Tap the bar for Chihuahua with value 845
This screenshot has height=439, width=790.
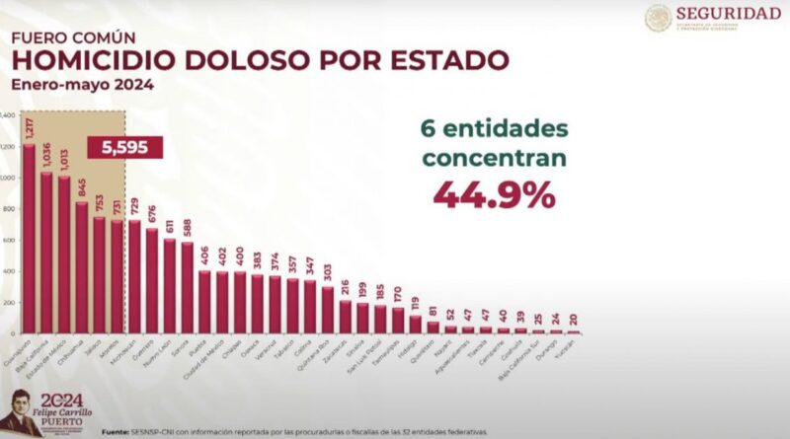pos(82,267)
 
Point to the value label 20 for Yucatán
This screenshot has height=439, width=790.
pos(574,320)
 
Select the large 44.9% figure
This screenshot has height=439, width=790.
pos(494,194)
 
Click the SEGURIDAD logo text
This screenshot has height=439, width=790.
pos(729,13)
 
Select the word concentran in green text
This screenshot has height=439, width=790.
pos(492,158)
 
